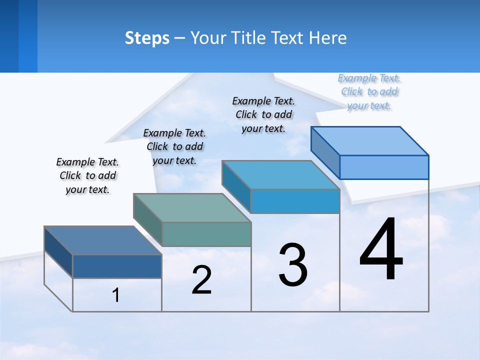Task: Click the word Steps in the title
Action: click(147, 38)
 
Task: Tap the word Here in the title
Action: click(327, 38)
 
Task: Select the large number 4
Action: click(381, 250)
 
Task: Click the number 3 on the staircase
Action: click(293, 265)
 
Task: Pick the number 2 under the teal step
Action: click(201, 280)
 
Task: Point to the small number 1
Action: click(116, 295)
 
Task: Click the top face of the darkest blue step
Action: click(102, 240)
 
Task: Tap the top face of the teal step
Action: click(192, 208)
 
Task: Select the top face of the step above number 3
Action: click(280, 175)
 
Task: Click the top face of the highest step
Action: click(369, 141)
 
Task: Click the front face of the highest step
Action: click(384, 167)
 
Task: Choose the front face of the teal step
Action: click(206, 234)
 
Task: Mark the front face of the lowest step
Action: click(117, 266)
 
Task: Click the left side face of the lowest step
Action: click(58, 252)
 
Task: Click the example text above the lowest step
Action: click(87, 175)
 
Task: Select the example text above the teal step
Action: click(174, 146)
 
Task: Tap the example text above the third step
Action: click(263, 114)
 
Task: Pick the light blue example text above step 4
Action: click(369, 91)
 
